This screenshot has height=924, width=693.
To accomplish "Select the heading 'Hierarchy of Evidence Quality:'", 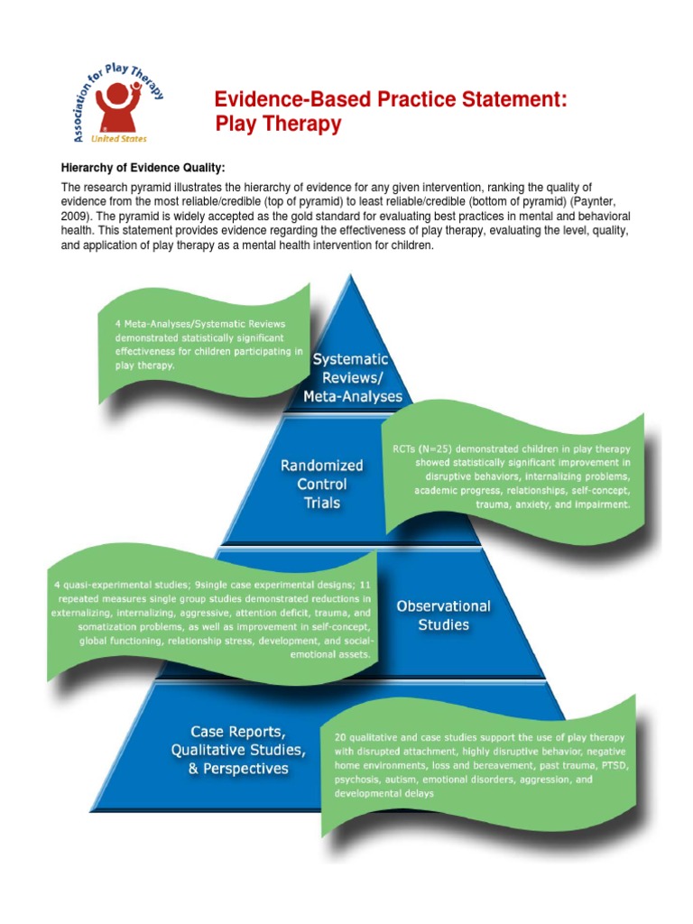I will pyautogui.click(x=143, y=169).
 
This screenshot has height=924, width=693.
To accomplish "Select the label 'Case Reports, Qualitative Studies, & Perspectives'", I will pyautogui.click(x=237, y=750).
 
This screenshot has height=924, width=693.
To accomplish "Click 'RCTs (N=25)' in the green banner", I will pyautogui.click(x=428, y=448).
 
